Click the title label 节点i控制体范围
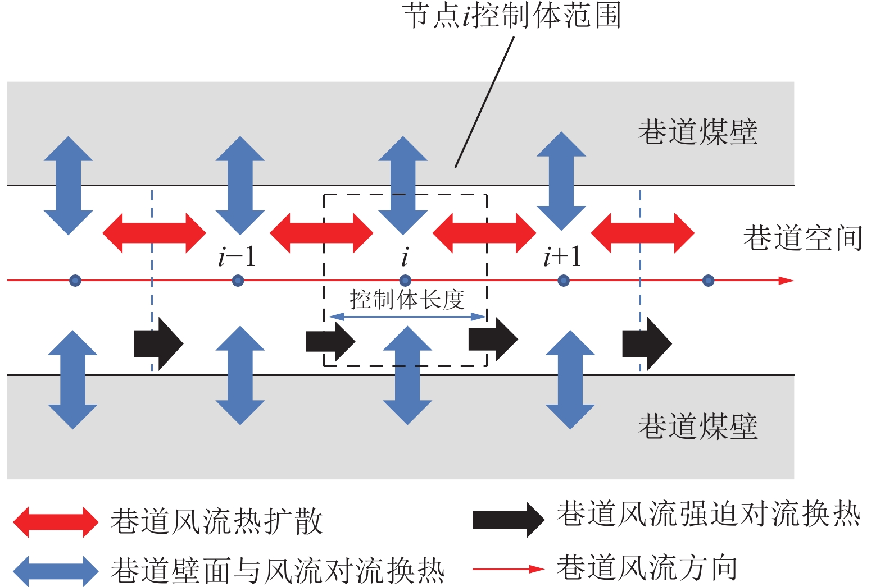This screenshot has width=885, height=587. pos(512,16)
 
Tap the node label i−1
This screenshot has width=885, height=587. pos(237,258)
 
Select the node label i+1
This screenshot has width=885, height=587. pos(561,257)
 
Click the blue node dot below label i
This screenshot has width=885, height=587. pos(405,281)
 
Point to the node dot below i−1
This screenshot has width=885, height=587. pos(238,281)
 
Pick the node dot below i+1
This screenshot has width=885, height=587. pos(564,281)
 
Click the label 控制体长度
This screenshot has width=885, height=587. pos(407,300)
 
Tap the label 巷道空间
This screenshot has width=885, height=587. pos(802,238)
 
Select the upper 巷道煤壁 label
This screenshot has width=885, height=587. pos(698,132)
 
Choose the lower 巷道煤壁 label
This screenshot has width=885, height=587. pos(698,427)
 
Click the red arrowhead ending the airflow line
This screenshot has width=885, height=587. pos(786,281)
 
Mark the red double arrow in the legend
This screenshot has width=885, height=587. pos(56,522)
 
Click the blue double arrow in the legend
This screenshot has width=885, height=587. pos(56,571)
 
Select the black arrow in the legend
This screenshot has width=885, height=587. pos(508,520)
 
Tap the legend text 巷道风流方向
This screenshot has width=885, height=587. pos(647,568)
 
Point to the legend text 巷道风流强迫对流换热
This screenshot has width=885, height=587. pos(709,514)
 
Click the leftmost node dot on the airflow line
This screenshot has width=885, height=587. pos(75,281)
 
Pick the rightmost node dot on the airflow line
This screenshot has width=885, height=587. pos(709,281)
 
